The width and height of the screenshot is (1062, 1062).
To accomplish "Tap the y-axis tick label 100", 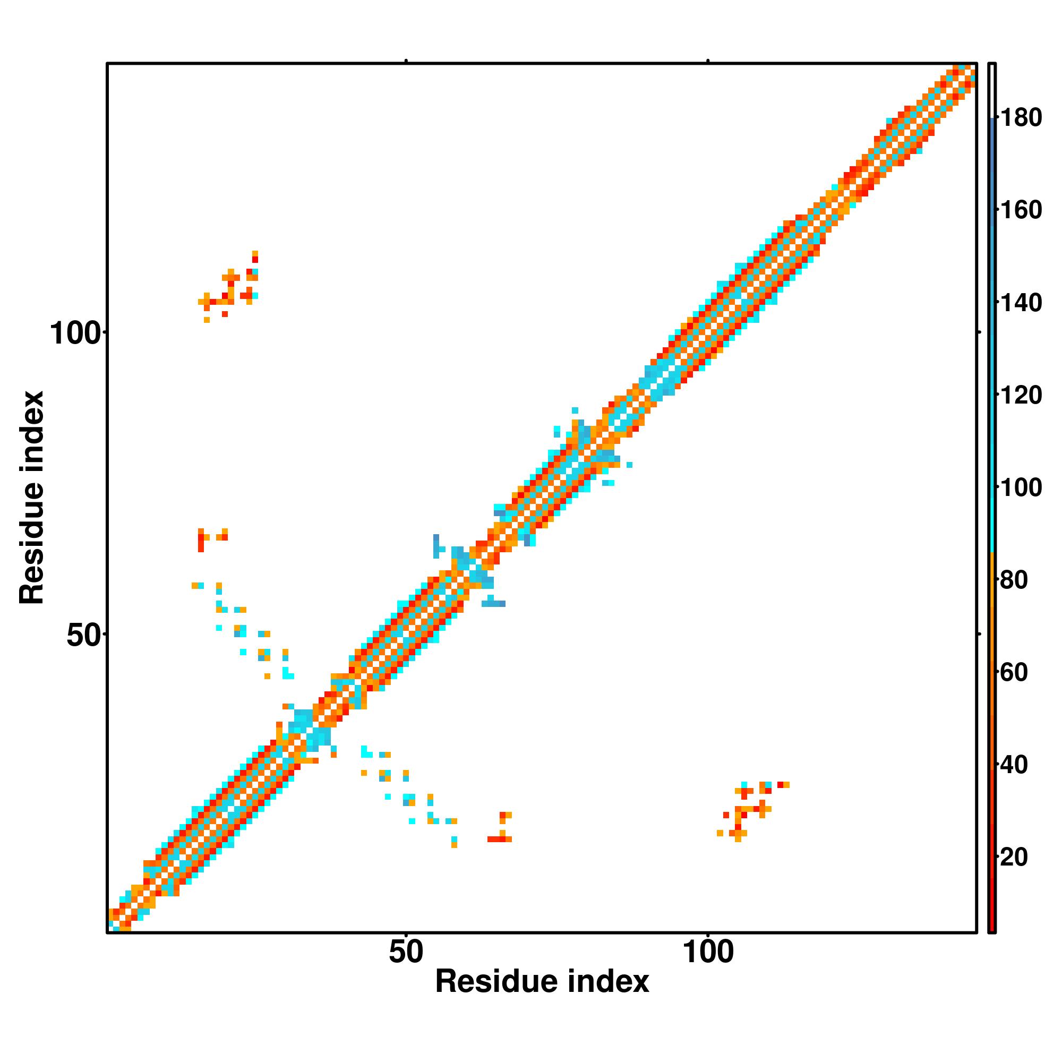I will pyautogui.click(x=76, y=334).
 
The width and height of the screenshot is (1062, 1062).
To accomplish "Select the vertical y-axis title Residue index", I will pyautogui.click(x=31, y=498).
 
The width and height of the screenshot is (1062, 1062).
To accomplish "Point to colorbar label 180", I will pyautogui.click(x=1020, y=118).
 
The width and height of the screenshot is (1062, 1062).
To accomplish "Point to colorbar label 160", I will pyautogui.click(x=1020, y=210).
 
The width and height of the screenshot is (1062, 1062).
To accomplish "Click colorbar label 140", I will pyautogui.click(x=1020, y=302).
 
